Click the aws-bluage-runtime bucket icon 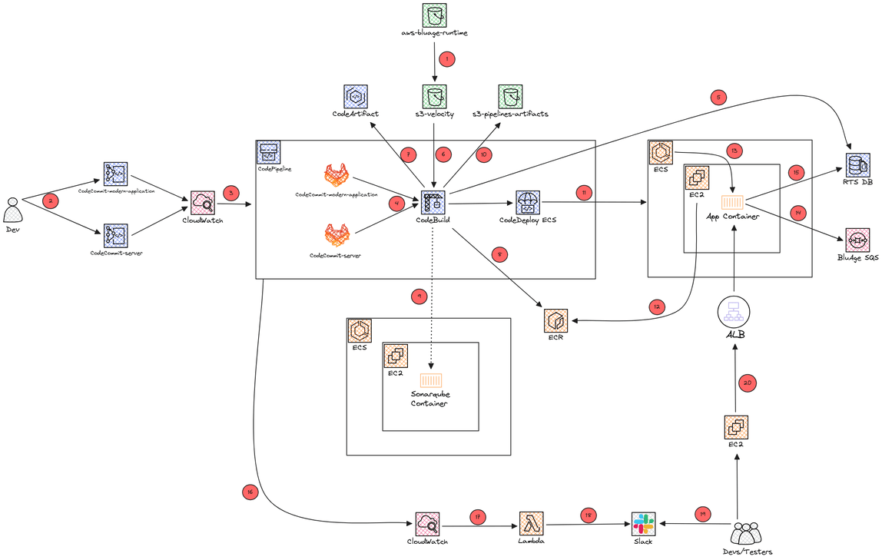coord(435,15)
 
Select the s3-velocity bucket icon coord(435,96)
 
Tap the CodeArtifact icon coord(355,96)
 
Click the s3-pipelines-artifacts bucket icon coord(511,96)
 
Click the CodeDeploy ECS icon coord(528,204)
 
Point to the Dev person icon coord(12,210)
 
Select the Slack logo coord(642,524)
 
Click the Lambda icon coord(531,524)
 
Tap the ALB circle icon coord(733,312)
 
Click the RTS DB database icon coord(855,165)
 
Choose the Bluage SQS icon coord(857,240)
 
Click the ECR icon coord(555,320)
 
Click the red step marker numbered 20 coord(747,382)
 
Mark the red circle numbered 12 coord(655,306)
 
